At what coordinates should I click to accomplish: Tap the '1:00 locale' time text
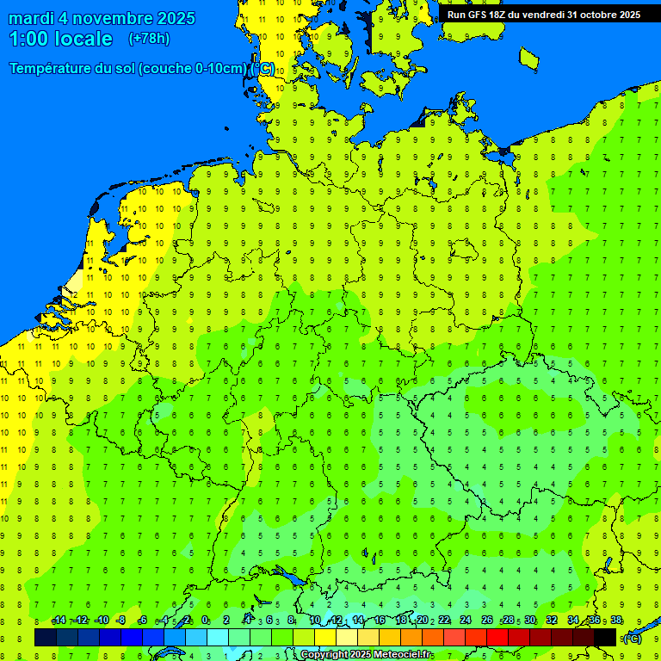coord(61,39)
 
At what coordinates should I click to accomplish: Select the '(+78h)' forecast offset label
coord(149,39)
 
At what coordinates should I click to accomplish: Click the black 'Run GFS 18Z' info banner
coord(543,14)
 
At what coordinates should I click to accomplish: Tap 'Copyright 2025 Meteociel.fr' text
coord(366,655)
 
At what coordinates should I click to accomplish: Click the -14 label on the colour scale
coord(59,621)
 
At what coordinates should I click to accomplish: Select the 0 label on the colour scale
coord(205,621)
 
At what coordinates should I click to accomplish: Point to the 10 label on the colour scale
coord(315,621)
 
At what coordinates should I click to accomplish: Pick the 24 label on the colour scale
coord(466,621)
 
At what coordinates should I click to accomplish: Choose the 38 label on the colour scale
coord(616,621)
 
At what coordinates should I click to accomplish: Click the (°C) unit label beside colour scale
coord(632,639)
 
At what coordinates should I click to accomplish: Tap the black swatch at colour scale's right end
coord(605,637)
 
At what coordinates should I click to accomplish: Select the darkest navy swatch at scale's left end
coord(46,637)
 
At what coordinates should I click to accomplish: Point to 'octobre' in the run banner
coord(599,14)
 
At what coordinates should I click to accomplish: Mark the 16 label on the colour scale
coord(380,621)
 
